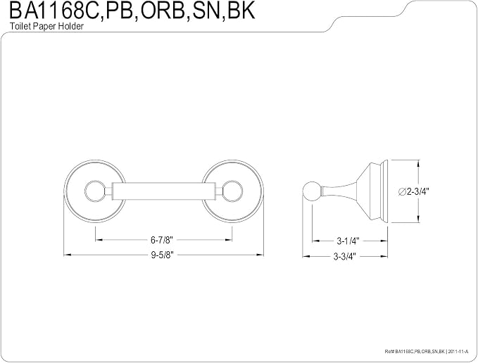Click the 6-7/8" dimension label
[162, 240]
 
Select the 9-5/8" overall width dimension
[162, 255]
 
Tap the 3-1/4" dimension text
[348, 241]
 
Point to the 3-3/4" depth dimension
[344, 256]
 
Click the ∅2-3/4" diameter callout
[414, 191]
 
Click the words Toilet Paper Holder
[46, 26]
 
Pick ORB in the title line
[162, 11]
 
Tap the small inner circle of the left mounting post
[94, 191]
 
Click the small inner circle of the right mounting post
[233, 191]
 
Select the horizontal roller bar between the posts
[164, 191]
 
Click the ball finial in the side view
[312, 191]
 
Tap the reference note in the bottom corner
[426, 352]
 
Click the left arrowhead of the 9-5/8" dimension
[67, 255]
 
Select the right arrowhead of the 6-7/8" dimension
[229, 240]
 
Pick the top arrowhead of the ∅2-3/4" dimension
[418, 163]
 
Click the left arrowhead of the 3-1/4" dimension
[315, 241]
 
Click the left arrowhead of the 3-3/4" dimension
[306, 256]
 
